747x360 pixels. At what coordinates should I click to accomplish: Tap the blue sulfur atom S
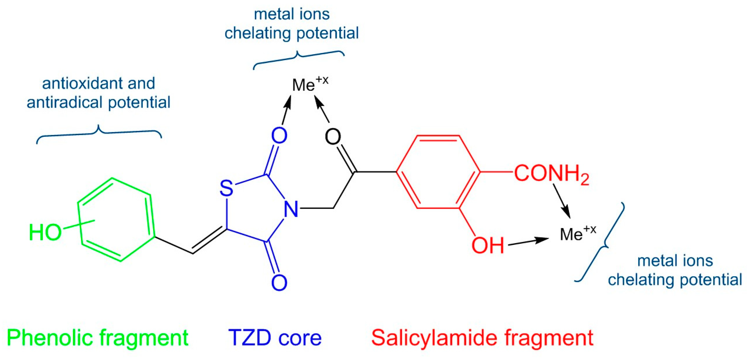(226, 188)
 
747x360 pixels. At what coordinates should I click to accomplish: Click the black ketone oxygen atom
(333, 136)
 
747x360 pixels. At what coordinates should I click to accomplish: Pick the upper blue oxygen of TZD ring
(279, 135)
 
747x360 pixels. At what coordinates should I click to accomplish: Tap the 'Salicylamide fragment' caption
(482, 338)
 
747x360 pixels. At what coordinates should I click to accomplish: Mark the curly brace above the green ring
(98, 133)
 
